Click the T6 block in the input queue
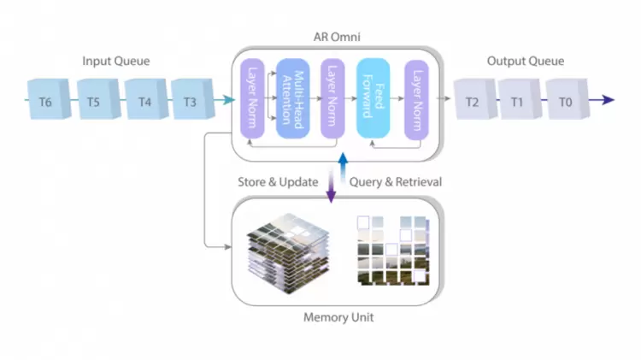click(45, 101)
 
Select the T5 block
click(94, 101)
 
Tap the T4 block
click(143, 101)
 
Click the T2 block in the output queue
click(472, 101)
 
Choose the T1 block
click(517, 101)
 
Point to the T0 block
click(564, 101)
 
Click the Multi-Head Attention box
click(291, 98)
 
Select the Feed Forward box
click(373, 98)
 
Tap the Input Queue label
click(116, 62)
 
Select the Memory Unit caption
click(338, 317)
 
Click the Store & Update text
click(279, 182)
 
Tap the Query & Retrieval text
click(396, 182)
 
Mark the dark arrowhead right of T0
click(608, 100)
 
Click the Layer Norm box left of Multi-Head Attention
click(252, 98)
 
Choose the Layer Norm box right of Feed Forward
click(416, 98)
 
